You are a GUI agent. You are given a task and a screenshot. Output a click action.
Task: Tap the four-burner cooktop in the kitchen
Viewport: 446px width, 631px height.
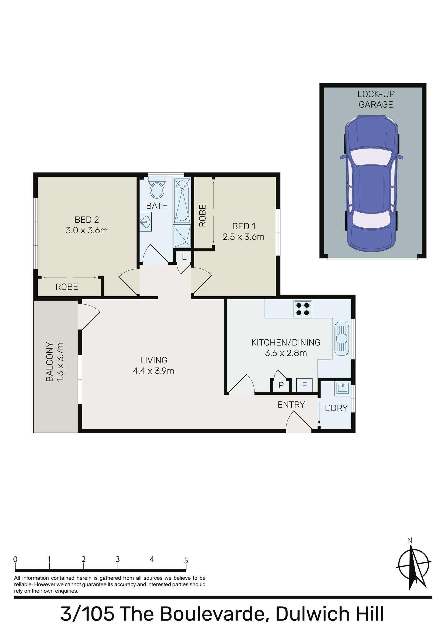click(x=302, y=309)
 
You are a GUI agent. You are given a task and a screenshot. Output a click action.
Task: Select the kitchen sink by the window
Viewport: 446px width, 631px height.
click(x=341, y=338)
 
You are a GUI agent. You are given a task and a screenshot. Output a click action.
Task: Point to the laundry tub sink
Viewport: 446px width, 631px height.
click(x=343, y=388)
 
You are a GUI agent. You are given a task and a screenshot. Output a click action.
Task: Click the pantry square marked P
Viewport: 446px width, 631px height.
click(x=281, y=385)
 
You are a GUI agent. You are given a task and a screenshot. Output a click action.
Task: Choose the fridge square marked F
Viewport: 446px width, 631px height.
click(x=304, y=385)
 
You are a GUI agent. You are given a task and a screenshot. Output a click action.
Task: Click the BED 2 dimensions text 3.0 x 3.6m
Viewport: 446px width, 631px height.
click(x=87, y=230)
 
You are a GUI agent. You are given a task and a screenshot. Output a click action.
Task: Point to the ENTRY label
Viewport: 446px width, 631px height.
click(x=291, y=405)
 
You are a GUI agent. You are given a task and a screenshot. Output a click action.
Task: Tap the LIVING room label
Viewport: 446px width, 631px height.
click(x=154, y=360)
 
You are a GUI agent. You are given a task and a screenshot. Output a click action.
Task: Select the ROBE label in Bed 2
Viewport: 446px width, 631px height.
click(x=67, y=287)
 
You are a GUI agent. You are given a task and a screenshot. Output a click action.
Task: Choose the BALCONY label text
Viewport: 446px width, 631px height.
click(x=50, y=362)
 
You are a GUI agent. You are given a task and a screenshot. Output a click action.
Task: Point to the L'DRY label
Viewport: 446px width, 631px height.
click(x=336, y=408)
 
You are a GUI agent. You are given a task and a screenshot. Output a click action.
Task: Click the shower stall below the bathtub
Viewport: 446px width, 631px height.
click(x=182, y=236)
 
